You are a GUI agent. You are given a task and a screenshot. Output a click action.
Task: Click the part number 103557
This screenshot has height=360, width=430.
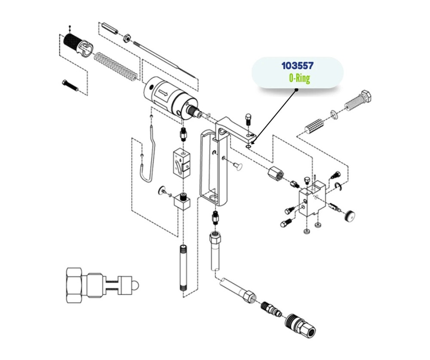point(297,66)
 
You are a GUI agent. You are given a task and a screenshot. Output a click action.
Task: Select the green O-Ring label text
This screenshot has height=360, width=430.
point(299,78)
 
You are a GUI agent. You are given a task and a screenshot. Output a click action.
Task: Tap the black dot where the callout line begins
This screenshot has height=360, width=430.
point(296,90)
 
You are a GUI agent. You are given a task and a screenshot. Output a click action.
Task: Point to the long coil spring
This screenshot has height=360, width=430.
point(117,65)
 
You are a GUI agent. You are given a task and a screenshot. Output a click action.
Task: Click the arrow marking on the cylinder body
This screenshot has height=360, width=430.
point(163,92)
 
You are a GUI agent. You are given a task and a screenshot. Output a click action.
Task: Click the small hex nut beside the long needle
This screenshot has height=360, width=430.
point(126,37)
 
